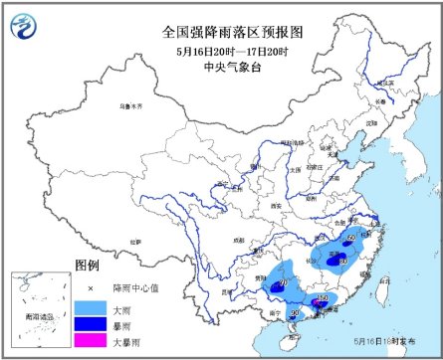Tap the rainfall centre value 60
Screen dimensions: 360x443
point(350,239)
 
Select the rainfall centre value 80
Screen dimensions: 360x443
point(343,261)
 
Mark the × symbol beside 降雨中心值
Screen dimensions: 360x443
point(90,289)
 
